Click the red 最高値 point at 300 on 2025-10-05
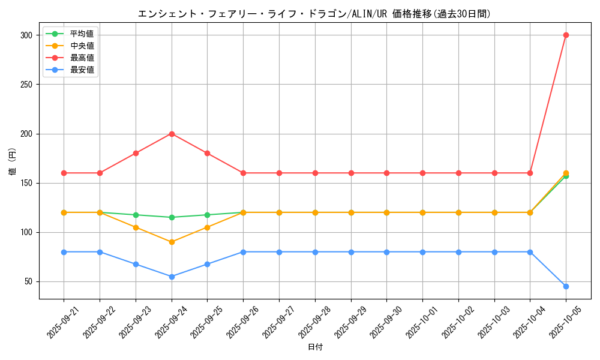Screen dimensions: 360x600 [566, 35]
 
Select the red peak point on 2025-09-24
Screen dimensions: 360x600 [172, 134]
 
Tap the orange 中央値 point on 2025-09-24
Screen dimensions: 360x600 [172, 242]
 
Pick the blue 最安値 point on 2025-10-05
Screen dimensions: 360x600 [566, 286]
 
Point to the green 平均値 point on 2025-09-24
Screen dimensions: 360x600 [172, 217]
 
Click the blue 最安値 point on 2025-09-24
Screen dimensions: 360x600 [172, 277]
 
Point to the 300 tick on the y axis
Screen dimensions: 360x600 [26, 35]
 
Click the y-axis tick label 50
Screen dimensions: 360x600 [28, 281]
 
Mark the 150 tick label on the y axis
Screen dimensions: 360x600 [26, 183]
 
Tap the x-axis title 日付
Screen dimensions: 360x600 [315, 347]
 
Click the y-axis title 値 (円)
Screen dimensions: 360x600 [13, 162]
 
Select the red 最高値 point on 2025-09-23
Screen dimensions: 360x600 [136, 153]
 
